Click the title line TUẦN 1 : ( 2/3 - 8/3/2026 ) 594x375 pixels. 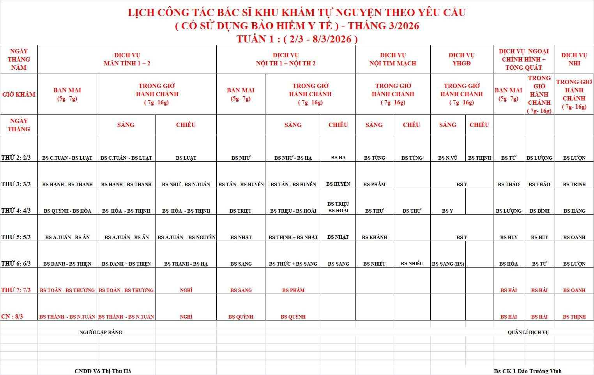297,39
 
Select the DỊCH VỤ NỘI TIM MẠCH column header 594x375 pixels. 392,59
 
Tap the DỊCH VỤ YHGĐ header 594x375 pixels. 461,59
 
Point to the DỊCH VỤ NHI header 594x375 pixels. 574,59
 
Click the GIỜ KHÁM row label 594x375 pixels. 19,94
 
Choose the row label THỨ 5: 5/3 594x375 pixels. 16,237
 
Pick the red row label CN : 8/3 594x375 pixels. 12,316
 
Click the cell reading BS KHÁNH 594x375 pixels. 374,237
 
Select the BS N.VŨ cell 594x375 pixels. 447,158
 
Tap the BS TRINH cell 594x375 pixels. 574,184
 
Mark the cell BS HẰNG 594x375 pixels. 574,211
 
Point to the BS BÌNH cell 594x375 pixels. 539,211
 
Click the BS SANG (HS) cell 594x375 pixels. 448,264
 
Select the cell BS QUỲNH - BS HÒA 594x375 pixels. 67,211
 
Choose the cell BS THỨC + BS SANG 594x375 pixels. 293,264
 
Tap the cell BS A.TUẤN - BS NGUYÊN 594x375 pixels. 186,237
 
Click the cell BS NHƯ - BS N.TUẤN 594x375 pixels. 186,184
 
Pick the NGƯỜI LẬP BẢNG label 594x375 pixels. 101,332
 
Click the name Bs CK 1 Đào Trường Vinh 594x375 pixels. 528,371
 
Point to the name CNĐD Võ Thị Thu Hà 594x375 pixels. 103,371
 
